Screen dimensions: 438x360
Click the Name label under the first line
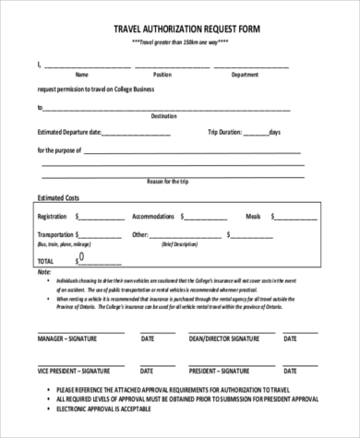(81, 74)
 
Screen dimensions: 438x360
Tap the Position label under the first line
(162, 74)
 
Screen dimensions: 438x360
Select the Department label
(245, 74)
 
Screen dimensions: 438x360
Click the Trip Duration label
(227, 132)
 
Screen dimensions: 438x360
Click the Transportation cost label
(57, 235)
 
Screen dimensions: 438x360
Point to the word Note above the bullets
(44, 273)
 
